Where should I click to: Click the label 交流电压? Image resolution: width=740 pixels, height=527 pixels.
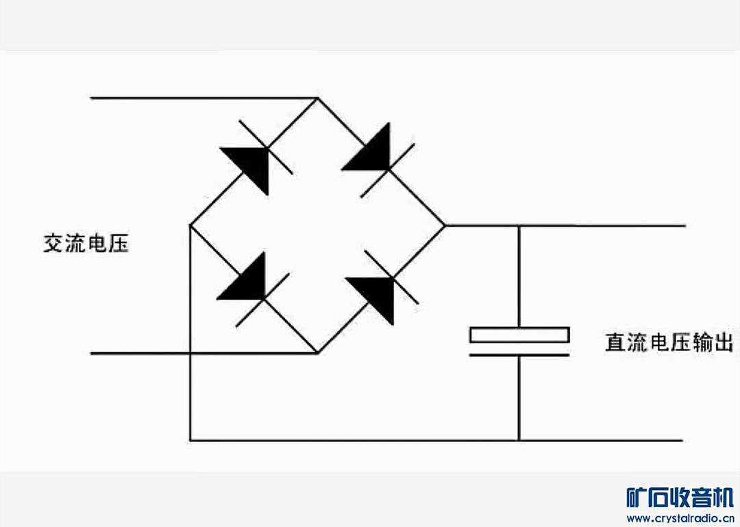click(x=86, y=243)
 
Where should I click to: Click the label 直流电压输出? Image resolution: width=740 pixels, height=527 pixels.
click(x=669, y=342)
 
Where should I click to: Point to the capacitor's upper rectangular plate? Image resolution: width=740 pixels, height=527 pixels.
click(x=519, y=335)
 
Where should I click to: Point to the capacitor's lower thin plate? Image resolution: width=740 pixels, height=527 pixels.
click(x=519, y=354)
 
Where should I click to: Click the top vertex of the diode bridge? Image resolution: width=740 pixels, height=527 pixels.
click(x=317, y=98)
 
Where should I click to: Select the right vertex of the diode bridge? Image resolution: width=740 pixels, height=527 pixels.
click(x=445, y=225)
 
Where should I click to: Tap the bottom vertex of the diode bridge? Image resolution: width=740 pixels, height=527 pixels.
click(x=317, y=354)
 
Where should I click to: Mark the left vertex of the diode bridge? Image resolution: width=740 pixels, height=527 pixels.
click(x=190, y=225)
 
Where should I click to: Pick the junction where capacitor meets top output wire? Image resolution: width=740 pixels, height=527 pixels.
click(x=519, y=225)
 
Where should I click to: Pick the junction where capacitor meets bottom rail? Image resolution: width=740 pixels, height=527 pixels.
click(x=519, y=440)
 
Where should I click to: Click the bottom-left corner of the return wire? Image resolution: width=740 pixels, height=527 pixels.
click(x=190, y=440)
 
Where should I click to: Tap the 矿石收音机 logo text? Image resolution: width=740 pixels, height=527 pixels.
click(x=680, y=497)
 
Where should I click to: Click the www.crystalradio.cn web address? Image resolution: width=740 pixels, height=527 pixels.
click(x=680, y=518)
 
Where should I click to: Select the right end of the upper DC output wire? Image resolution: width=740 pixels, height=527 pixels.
click(x=682, y=225)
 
